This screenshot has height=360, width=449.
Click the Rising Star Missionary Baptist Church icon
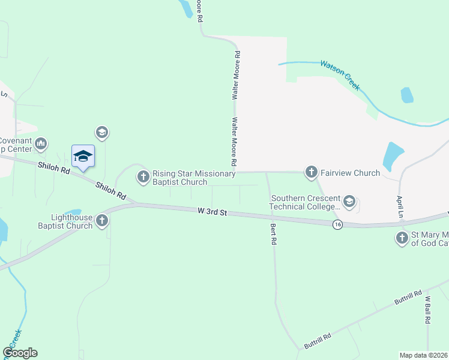pos(143,176)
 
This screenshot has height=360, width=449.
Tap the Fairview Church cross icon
pos(311,173)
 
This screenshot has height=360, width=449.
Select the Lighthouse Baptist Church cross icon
pos(102,221)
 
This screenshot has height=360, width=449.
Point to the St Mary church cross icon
pos(402,238)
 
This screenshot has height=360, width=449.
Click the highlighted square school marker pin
pos(83,157)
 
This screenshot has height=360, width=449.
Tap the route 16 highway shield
pos(339,224)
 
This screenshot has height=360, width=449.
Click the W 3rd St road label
pos(212,212)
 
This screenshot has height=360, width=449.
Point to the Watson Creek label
pos(340,74)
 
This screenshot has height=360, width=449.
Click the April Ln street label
pos(399,206)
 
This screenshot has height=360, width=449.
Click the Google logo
pos(20,353)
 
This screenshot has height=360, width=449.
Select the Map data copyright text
pos(424,355)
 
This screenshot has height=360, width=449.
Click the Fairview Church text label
pos(351,173)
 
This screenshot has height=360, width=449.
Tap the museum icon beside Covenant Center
pos(41,143)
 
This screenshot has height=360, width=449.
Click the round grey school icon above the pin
pos(101,132)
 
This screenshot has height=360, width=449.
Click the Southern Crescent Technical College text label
pos(306,202)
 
